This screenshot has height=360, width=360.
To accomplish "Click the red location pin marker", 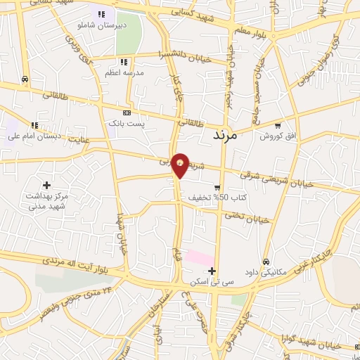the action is [x=181, y=165].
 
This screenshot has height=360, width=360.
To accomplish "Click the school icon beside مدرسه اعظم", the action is [x=124, y=62].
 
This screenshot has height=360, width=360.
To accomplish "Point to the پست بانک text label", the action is [x=127, y=122].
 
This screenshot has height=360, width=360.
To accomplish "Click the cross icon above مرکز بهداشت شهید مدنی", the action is [x=47, y=185].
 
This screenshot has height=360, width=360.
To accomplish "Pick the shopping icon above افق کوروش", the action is [x=278, y=125].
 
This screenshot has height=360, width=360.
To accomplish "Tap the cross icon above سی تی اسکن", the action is [x=212, y=271].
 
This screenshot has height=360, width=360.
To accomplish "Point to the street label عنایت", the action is [x=79, y=139].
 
